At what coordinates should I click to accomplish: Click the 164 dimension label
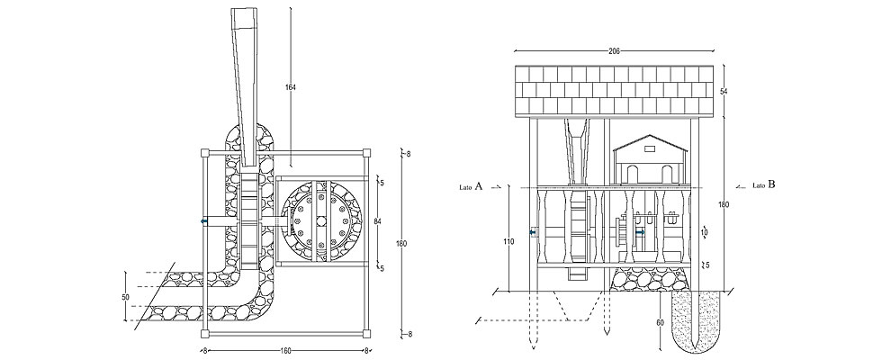click(290, 87)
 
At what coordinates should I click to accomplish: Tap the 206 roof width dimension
click(614, 52)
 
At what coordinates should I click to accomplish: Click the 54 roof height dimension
click(723, 92)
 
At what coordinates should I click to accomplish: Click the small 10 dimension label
click(705, 232)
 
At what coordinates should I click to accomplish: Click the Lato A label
click(472, 186)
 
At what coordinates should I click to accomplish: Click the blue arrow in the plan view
click(204, 220)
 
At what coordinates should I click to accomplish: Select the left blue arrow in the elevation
click(535, 232)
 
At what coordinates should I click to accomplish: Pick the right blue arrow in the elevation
click(640, 232)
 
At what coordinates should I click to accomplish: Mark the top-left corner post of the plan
click(205, 153)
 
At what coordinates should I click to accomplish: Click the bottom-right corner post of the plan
click(366, 333)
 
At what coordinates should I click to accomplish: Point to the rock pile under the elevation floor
click(636, 280)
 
